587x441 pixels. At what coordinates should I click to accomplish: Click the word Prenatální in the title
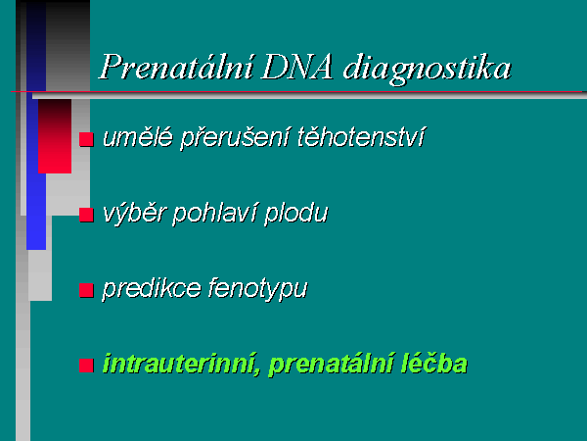pyautogui.click(x=176, y=67)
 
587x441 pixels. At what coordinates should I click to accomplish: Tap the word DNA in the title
pyautogui.click(x=297, y=68)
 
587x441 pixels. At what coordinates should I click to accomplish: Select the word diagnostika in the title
pyautogui.click(x=428, y=69)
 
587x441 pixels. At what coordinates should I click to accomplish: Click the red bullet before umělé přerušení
pyautogui.click(x=86, y=139)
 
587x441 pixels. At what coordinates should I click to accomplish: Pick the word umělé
pyautogui.click(x=138, y=137)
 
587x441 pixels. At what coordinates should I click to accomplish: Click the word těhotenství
pyautogui.click(x=361, y=137)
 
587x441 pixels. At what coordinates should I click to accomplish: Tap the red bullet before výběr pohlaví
pyautogui.click(x=86, y=215)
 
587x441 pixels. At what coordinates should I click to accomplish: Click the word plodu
pyautogui.click(x=296, y=214)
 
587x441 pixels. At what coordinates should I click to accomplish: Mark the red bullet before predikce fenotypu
pyautogui.click(x=86, y=290)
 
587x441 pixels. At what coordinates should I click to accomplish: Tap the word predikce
pyautogui.click(x=152, y=289)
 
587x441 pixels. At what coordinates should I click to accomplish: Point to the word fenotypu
pyautogui.click(x=257, y=289)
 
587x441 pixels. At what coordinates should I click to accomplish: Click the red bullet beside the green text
pyautogui.click(x=86, y=366)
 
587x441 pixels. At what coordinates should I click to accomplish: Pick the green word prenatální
pyautogui.click(x=331, y=365)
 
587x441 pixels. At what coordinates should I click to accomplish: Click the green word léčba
pyautogui.click(x=433, y=364)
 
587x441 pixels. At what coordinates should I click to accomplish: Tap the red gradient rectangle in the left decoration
pyautogui.click(x=55, y=136)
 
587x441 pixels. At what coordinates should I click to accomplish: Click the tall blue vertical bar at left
pyautogui.click(x=36, y=125)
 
